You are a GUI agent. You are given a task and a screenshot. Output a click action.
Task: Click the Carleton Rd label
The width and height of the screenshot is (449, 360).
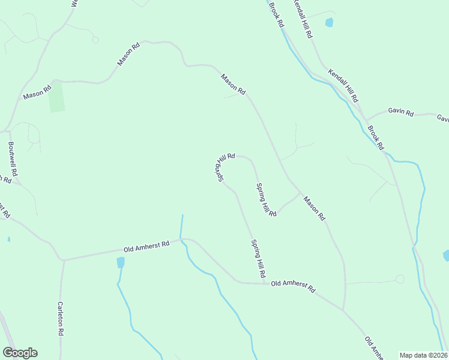click(61, 318)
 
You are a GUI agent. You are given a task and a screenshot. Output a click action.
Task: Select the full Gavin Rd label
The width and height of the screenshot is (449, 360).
click(401, 112)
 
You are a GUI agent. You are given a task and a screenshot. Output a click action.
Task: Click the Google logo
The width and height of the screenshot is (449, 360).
click(20, 353)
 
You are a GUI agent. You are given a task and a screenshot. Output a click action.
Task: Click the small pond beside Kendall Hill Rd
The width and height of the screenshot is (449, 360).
click(329, 23)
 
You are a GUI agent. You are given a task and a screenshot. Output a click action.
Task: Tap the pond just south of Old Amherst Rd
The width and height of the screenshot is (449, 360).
click(121, 262)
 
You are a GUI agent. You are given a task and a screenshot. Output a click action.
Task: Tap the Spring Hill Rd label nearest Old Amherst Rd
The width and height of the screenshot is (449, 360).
click(257, 258)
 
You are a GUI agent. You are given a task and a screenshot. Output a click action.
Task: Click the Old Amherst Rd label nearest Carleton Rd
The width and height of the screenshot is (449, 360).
click(146, 246)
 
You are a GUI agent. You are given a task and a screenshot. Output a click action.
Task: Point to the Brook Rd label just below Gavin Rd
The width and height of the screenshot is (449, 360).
click(376, 137)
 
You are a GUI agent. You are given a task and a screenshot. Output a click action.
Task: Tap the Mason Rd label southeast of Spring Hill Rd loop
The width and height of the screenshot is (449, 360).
click(314, 208)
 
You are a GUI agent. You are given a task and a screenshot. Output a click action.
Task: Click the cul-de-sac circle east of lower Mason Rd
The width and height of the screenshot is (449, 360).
click(400, 279)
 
